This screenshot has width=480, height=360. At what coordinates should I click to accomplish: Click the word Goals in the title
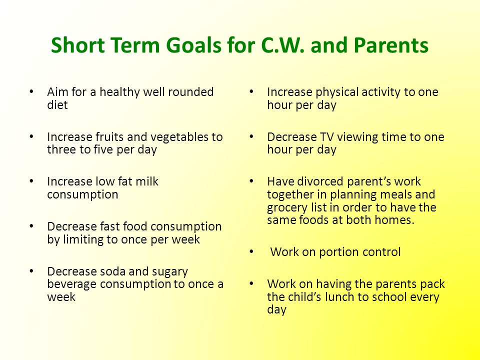tap(194, 45)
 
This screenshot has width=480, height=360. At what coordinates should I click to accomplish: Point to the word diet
tap(57, 104)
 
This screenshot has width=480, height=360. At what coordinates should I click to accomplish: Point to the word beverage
tap(71, 285)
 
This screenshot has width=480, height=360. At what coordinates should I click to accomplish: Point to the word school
tap(390, 296)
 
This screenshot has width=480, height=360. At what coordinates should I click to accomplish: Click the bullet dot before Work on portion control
tap(251, 251)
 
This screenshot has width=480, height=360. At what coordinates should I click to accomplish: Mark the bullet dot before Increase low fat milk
tap(31, 181)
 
